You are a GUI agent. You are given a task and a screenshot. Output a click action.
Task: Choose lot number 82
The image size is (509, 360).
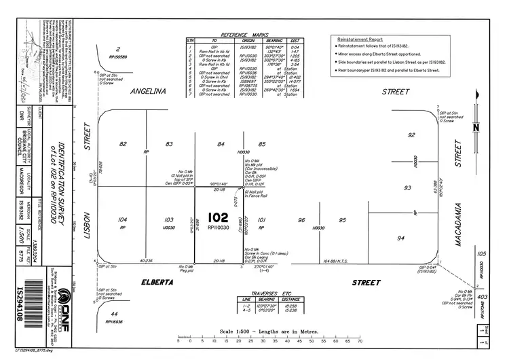123,144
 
